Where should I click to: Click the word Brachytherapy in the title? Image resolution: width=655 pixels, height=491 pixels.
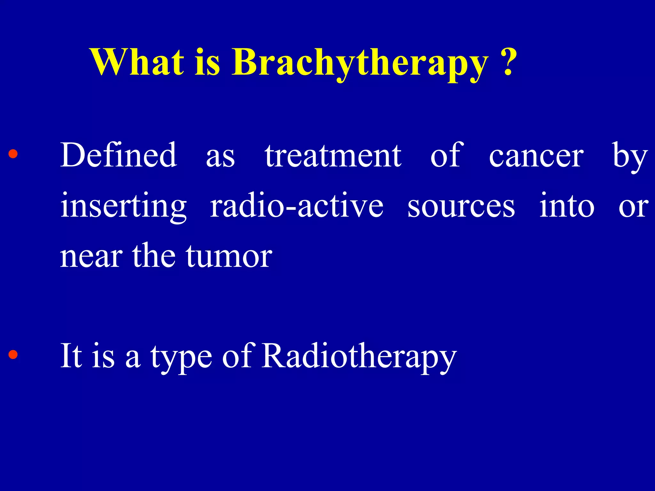(x=360, y=64)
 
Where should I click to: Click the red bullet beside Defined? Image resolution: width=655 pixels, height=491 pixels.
(x=13, y=154)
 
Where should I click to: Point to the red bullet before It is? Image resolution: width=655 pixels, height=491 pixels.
(x=13, y=355)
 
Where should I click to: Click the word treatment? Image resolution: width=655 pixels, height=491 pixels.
(x=333, y=156)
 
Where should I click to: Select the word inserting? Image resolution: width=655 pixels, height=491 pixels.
(x=124, y=207)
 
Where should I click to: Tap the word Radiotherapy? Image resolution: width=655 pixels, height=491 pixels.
(x=359, y=356)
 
